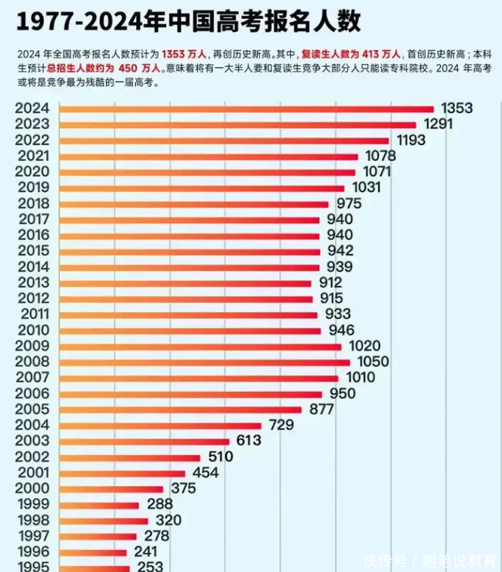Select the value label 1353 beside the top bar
tap(457, 109)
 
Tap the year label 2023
tap(32, 125)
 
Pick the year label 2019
tap(32, 188)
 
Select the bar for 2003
tap(144, 441)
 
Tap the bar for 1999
tap(99, 505)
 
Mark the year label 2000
tap(32, 489)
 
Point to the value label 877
tap(321, 410)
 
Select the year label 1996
tap(32, 552)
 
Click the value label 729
tap(281, 425)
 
